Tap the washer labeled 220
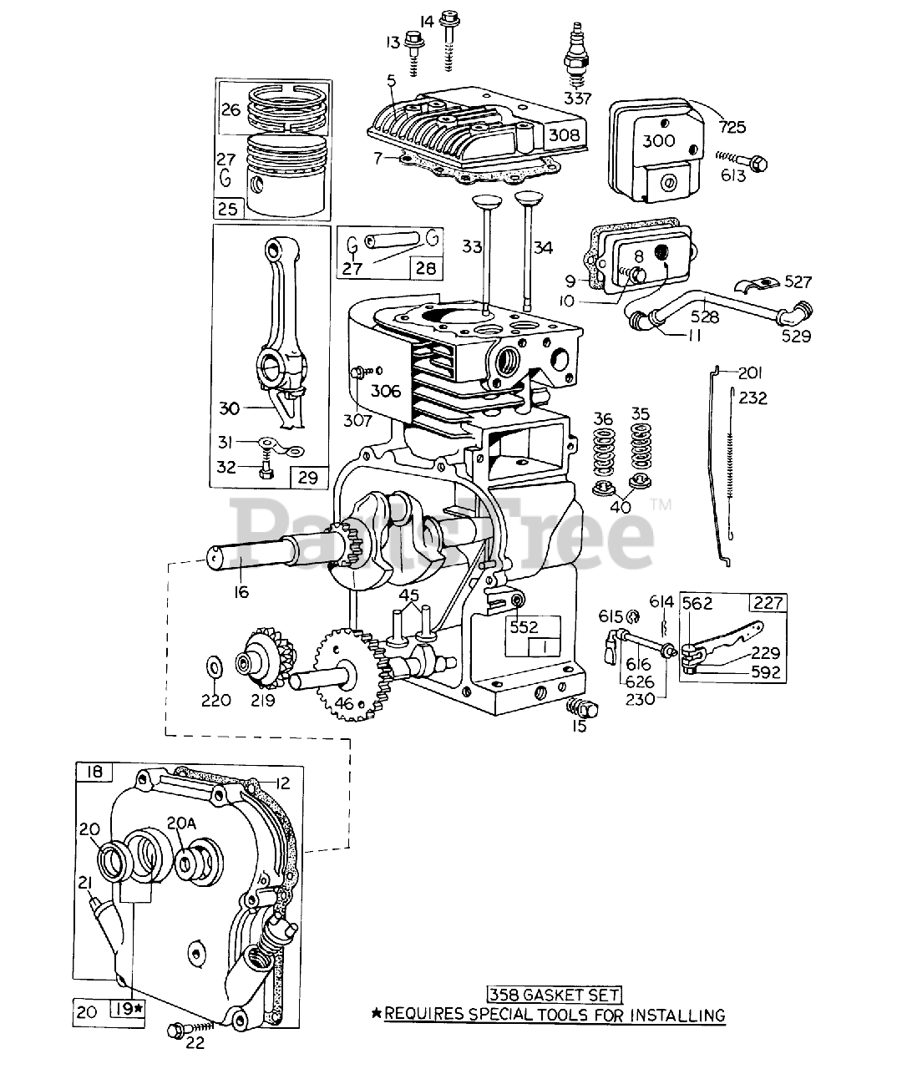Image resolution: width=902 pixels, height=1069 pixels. pyautogui.click(x=214, y=666)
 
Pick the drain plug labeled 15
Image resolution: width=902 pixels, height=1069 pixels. pyautogui.click(x=582, y=708)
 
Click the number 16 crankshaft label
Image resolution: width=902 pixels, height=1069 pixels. pyautogui.click(x=241, y=592)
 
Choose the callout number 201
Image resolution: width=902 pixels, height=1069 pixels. pyautogui.click(x=750, y=372)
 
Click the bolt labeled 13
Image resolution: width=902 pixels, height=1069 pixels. pyautogui.click(x=414, y=40)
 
